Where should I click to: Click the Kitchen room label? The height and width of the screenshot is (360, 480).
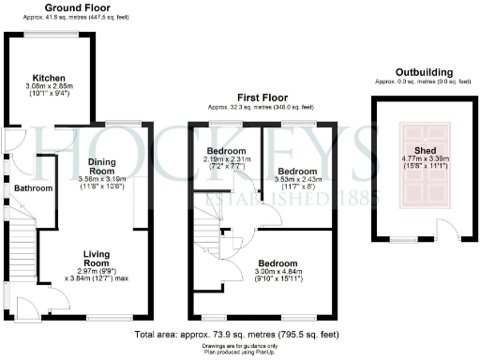click(x=48, y=78)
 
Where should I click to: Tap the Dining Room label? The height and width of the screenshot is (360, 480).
click(x=102, y=166)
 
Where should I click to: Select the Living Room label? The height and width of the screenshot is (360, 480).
click(x=97, y=258)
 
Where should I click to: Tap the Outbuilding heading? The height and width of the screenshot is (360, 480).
click(x=424, y=72)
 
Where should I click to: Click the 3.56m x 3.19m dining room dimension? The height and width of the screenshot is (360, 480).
click(x=102, y=178)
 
